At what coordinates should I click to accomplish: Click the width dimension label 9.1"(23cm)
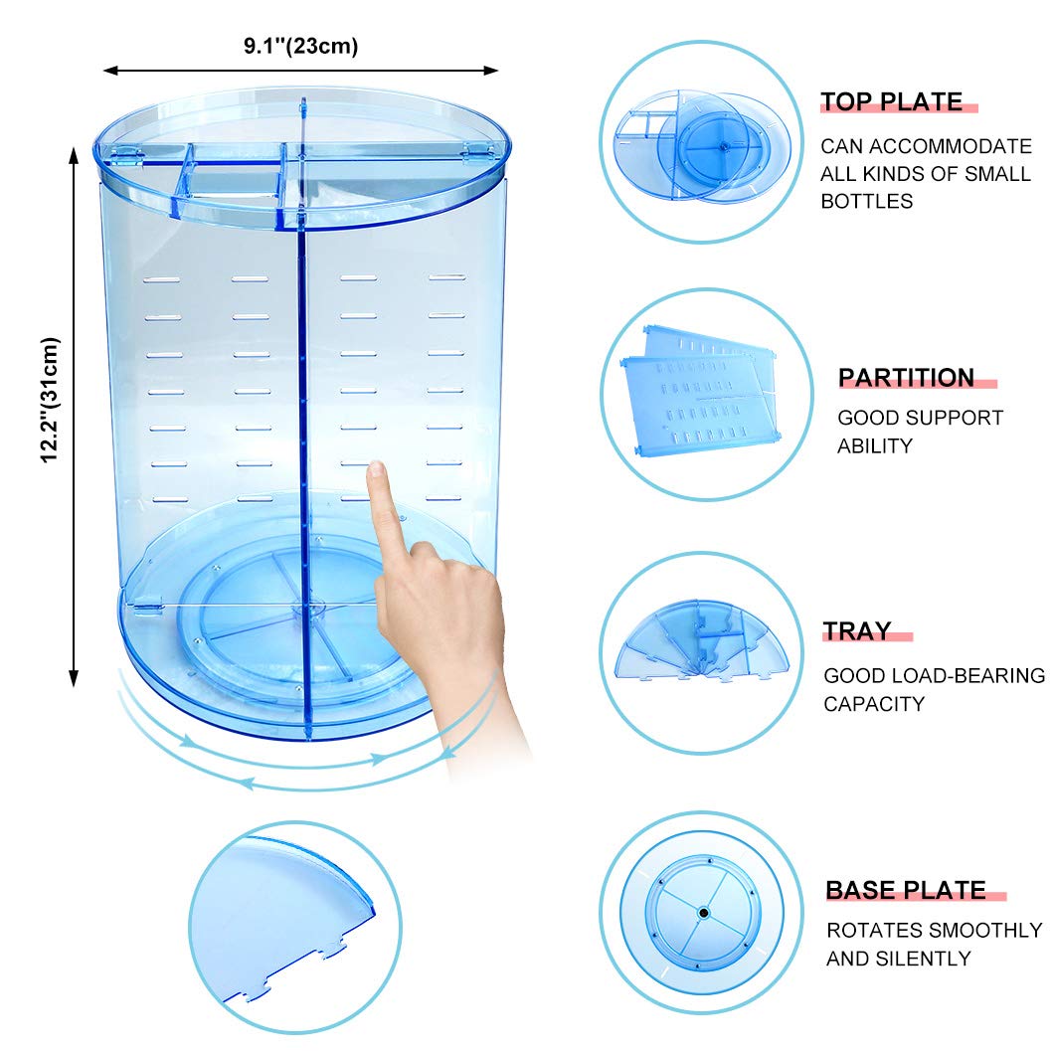click(300, 47)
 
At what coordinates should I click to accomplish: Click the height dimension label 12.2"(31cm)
click(51, 400)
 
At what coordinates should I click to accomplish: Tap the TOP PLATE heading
click(891, 101)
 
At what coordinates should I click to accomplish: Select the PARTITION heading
click(906, 378)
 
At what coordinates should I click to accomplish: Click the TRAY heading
click(857, 631)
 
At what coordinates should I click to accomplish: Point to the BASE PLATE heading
click(906, 890)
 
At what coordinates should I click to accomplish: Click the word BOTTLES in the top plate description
click(866, 201)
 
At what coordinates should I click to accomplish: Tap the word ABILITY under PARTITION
click(875, 445)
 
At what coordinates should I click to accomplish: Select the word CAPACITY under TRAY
click(874, 704)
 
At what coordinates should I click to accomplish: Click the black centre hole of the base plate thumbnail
click(703, 913)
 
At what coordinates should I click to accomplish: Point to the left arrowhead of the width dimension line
click(107, 70)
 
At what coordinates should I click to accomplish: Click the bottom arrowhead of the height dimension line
click(74, 680)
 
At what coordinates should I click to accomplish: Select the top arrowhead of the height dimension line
click(74, 155)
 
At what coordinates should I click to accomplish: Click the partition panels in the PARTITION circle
click(699, 391)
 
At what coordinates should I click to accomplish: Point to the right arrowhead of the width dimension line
click(493, 70)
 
